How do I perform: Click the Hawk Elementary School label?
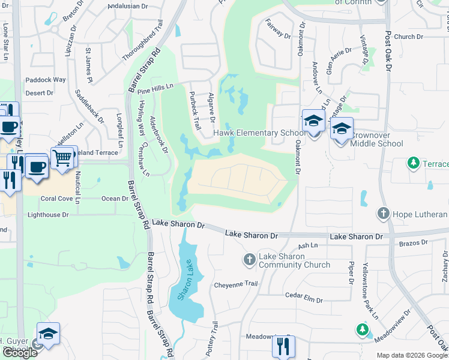click(259, 133)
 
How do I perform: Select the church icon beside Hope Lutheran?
click(382, 214)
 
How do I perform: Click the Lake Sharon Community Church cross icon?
click(249, 260)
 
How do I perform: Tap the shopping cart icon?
click(62, 158)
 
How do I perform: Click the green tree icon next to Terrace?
click(413, 163)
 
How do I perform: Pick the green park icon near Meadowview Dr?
click(361, 329)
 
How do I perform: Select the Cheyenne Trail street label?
click(235, 284)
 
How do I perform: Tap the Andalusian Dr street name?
click(127, 7)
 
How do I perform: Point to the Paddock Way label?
click(46, 80)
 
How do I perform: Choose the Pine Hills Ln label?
click(155, 89)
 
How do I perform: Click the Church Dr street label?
click(409, 37)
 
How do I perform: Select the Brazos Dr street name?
click(415, 242)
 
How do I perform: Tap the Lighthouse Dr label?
click(48, 214)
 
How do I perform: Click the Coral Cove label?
click(56, 199)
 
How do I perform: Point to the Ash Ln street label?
click(307, 245)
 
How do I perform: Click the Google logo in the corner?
click(20, 353)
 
